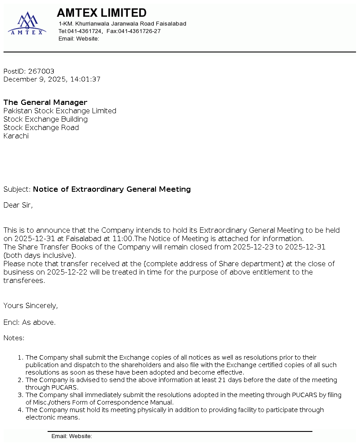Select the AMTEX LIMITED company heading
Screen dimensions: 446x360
[x=102, y=13]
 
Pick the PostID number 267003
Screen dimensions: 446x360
[x=41, y=71]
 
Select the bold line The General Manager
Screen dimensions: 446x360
[x=45, y=103]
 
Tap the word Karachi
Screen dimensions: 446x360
[x=16, y=136]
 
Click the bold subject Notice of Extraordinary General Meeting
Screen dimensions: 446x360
[x=112, y=190]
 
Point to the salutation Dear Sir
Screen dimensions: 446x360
[x=18, y=205]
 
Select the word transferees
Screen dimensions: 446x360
[x=24, y=281]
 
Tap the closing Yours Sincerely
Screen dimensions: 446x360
[x=30, y=306]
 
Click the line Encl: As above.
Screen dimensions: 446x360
[x=30, y=323]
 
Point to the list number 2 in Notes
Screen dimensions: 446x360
[x=20, y=380]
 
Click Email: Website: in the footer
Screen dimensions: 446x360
[x=71, y=436]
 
